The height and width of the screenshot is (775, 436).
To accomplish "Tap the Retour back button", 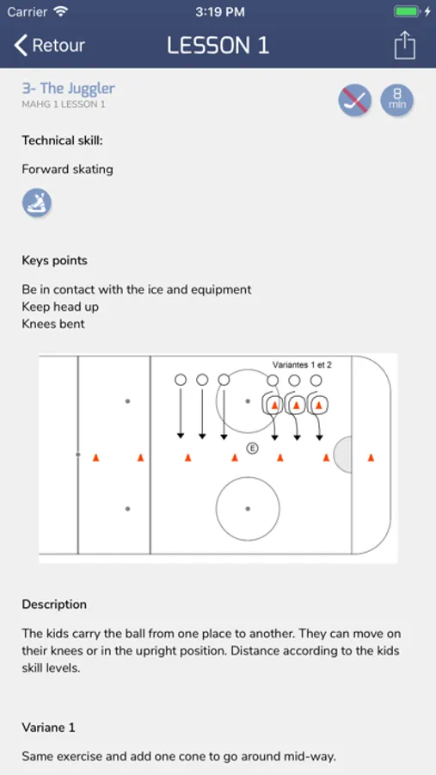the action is tap(49, 46).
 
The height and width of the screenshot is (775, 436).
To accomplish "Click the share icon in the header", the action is tap(405, 46).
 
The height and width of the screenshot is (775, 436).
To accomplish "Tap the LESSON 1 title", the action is tap(218, 46).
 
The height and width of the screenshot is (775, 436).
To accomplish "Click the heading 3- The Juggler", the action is tap(68, 89).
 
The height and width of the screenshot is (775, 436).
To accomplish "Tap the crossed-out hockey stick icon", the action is tap(355, 101).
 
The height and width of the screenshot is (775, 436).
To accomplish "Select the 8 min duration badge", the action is tap(397, 101).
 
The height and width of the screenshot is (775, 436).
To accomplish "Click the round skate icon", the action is tap(36, 202).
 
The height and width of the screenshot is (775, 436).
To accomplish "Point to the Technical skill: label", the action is tap(62, 141).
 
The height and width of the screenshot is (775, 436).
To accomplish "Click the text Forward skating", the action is tap(68, 170).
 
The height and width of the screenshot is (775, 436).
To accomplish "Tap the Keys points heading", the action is tap(54, 260).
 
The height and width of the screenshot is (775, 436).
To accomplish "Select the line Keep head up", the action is tap(60, 307).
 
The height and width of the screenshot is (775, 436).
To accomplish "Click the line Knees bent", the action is tap(53, 325).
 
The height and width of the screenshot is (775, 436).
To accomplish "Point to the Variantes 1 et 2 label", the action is tap(302, 365).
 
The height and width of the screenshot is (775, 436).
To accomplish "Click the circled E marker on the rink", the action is tap(252, 449).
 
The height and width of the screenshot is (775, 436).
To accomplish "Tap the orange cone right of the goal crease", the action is tap(371, 458).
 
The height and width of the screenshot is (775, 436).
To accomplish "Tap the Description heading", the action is tap(54, 604).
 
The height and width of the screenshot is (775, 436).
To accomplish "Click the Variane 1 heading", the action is tap(48, 728).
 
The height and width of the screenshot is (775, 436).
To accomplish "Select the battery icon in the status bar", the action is tap(407, 12).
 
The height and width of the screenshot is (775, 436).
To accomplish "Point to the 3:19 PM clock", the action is tap(220, 12).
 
